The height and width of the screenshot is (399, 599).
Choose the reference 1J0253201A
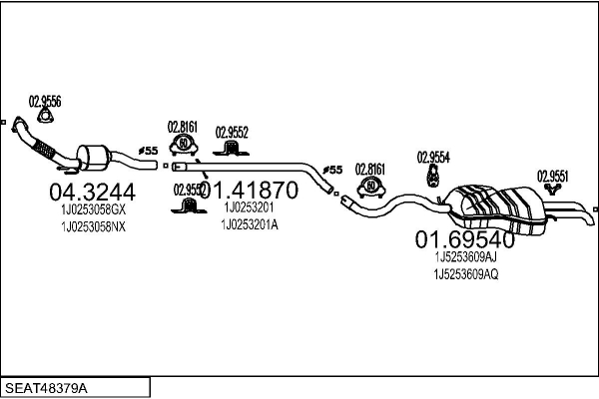250,224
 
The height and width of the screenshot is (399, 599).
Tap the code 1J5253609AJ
466,256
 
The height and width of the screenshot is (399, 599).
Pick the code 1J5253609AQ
466,274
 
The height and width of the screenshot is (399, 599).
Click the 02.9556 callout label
45,101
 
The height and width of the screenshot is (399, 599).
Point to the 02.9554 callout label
433,157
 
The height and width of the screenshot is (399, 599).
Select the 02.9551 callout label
553,175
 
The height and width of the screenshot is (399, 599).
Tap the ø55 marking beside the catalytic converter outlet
147,151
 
